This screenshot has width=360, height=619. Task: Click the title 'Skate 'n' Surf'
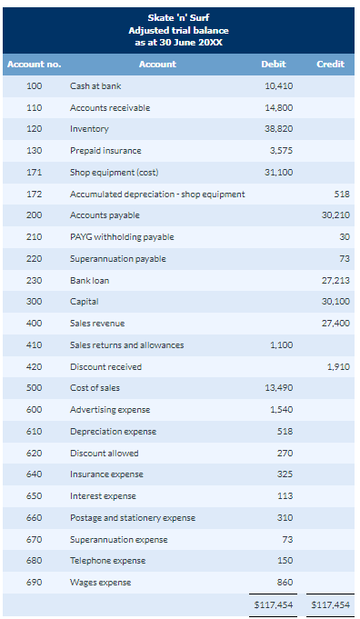tap(179, 17)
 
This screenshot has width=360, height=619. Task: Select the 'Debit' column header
tap(274, 64)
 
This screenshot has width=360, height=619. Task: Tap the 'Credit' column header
tap(330, 64)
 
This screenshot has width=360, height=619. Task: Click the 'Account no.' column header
tap(35, 64)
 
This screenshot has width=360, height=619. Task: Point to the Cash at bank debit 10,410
tap(278, 86)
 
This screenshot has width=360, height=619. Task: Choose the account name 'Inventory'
tap(89, 129)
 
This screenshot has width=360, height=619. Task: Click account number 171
tap(35, 173)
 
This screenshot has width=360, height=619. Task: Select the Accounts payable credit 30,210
tap(335, 215)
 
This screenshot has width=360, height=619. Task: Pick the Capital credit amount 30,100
tap(335, 302)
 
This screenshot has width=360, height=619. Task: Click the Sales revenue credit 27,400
tap(335, 324)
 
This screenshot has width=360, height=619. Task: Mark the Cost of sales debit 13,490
tap(278, 388)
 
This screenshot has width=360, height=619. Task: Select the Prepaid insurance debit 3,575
tap(280, 151)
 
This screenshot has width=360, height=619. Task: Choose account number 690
tap(35, 583)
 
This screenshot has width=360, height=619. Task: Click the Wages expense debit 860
tap(284, 583)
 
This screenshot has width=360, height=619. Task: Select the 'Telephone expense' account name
tap(107, 561)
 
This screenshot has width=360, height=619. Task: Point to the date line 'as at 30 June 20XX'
tap(179, 41)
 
